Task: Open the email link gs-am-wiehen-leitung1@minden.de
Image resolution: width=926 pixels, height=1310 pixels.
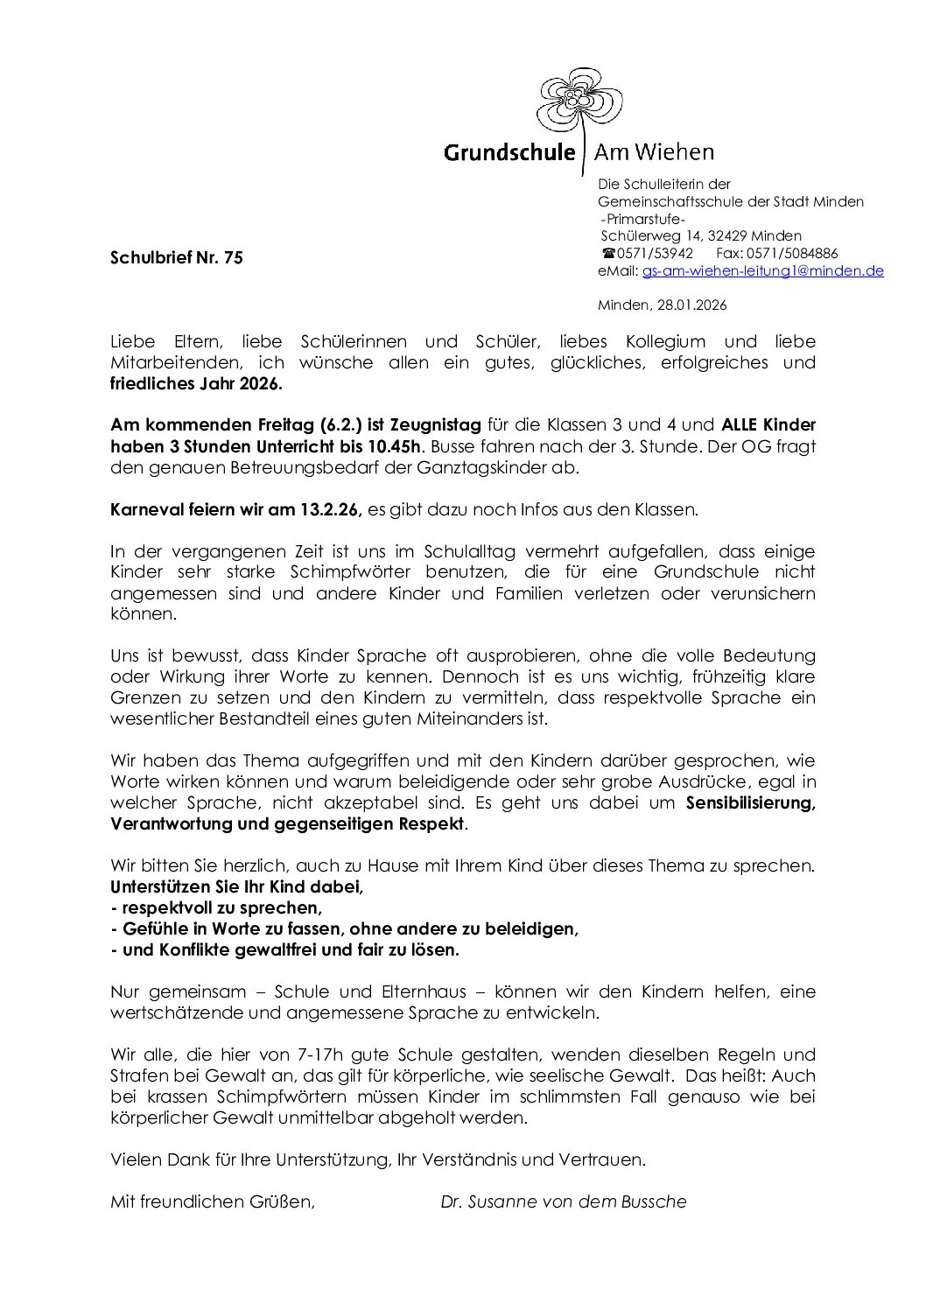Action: [762, 271]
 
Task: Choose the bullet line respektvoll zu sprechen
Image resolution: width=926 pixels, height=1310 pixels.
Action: [216, 907]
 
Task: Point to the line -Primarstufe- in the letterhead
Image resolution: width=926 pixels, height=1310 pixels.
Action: [643, 219]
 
